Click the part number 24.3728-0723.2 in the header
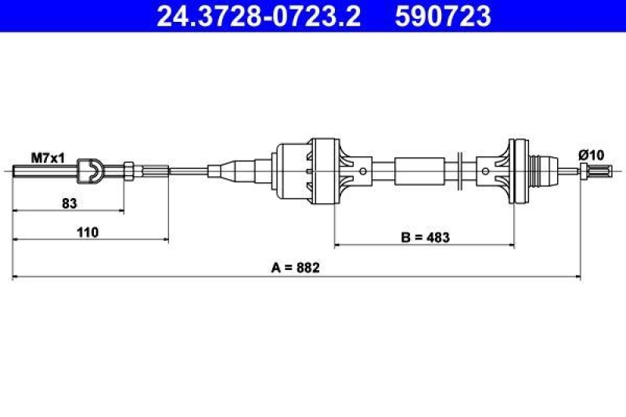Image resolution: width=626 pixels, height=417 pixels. [258, 16]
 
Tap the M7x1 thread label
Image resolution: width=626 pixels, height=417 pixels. [48, 158]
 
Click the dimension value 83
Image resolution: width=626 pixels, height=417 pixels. [69, 203]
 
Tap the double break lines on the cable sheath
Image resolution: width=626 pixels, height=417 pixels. [462, 170]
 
